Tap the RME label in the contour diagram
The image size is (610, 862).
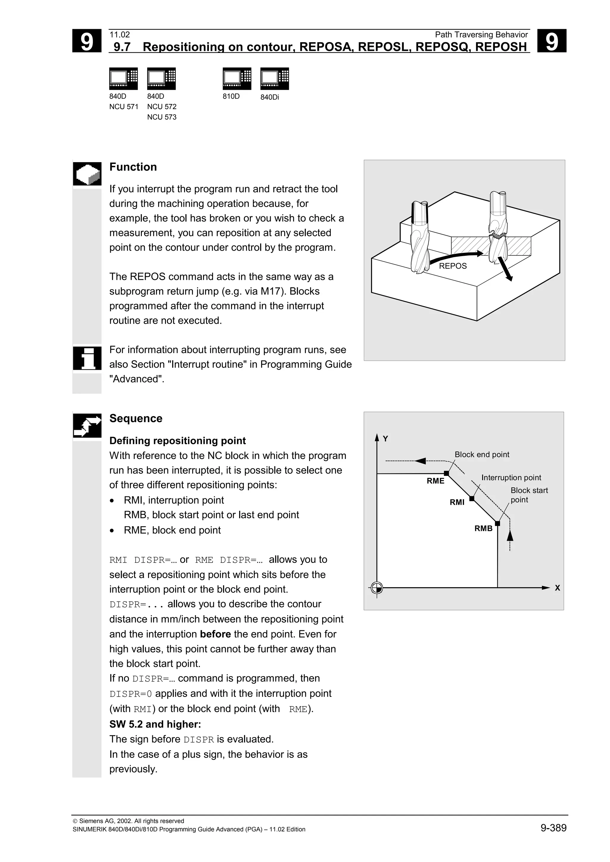(435, 481)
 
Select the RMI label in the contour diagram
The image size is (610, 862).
(457, 502)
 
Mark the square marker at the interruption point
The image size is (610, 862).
(472, 499)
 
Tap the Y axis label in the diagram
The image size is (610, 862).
(385, 438)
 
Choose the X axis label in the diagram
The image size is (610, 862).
(557, 588)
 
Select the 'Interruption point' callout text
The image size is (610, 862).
(511, 478)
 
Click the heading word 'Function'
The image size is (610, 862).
(133, 167)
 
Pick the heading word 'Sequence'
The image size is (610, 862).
(136, 418)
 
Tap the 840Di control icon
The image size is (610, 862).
(274, 79)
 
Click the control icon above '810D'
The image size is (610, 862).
(237, 79)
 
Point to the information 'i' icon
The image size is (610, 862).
(87, 358)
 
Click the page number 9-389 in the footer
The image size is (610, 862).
(553, 828)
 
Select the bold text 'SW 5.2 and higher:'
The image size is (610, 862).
(155, 724)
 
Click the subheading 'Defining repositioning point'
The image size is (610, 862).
(178, 441)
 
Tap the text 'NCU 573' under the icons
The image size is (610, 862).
(162, 117)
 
